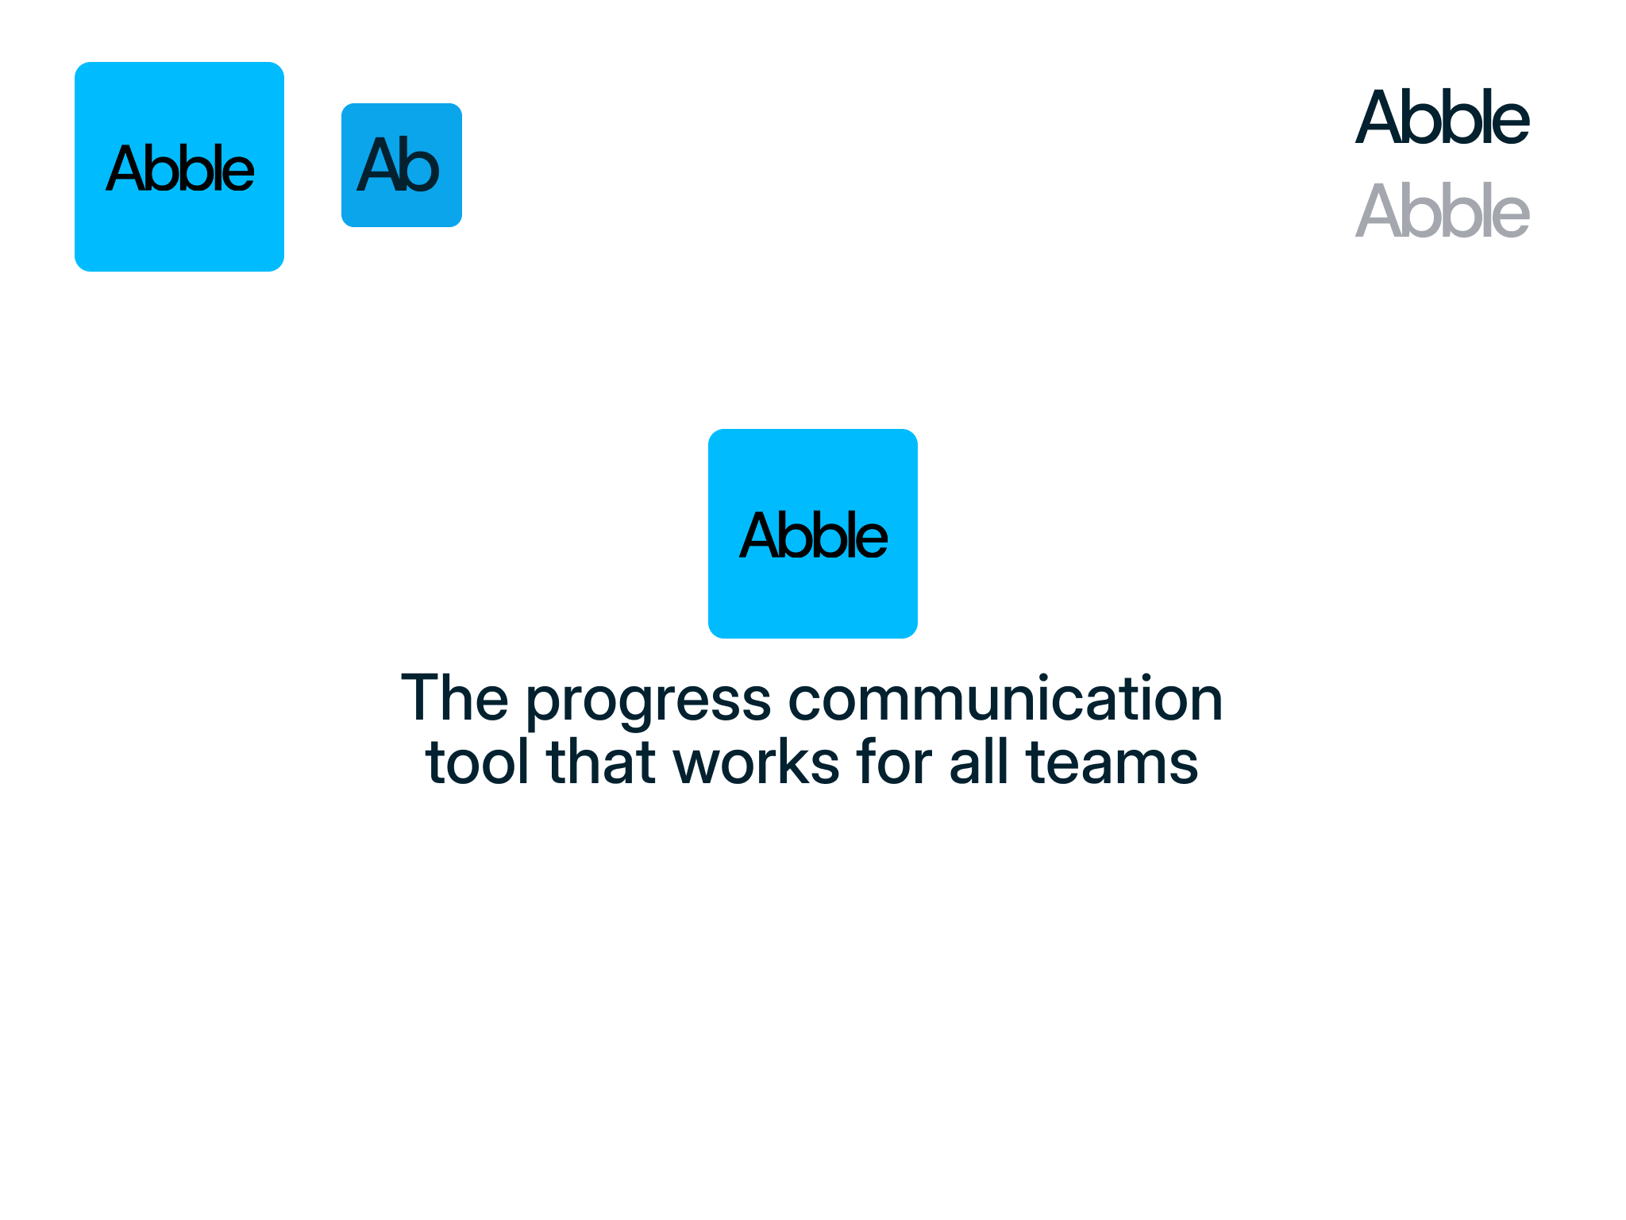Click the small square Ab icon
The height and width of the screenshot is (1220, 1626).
coord(402,165)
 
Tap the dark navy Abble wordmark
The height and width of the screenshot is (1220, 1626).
coord(1442,118)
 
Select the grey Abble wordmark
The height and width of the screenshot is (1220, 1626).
coord(1442,210)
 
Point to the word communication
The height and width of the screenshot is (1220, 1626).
coord(1005,699)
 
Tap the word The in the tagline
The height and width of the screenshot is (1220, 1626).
coord(454,697)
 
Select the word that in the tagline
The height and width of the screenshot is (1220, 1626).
coord(601,762)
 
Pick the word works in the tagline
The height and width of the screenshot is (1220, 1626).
coord(756,762)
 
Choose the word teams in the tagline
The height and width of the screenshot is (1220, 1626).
coord(1112,762)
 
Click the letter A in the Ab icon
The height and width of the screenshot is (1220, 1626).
coord(378,165)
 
